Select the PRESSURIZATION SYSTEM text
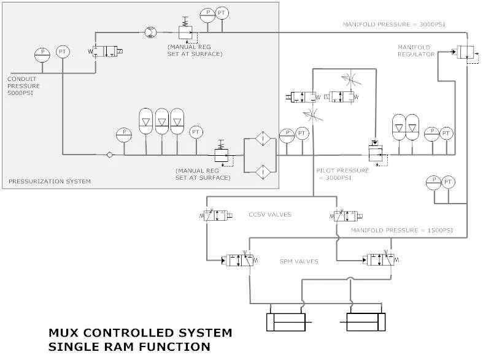pos(49,181)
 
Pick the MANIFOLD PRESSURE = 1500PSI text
pos(402,230)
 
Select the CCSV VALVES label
pos(269,215)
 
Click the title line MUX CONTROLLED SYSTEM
pos(141,333)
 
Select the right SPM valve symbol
pos(381,260)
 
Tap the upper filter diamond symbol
pos(260,139)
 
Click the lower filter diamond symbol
pos(260,171)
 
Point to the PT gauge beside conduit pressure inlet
pos(63,52)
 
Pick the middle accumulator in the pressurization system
pos(161,122)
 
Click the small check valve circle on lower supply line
pos(109,155)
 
